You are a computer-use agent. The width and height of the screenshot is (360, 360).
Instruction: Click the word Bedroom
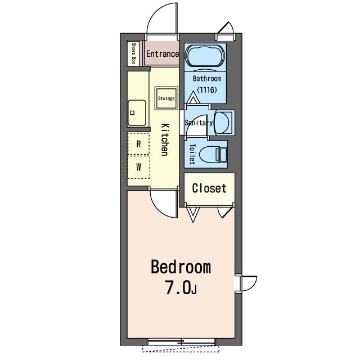[181, 267]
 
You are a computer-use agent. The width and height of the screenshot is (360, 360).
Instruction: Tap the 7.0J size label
[181, 288]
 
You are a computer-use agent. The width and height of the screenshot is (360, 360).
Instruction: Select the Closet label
[209, 188]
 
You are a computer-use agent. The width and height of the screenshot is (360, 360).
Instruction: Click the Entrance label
[163, 54]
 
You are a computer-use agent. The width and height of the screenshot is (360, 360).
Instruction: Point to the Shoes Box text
[134, 53]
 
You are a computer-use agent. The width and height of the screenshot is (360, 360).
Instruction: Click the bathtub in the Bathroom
[205, 56]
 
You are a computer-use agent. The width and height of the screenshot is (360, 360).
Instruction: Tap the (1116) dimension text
[207, 90]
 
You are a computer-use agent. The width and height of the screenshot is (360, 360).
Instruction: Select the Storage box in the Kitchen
[166, 98]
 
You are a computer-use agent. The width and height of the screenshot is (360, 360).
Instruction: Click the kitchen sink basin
[137, 112]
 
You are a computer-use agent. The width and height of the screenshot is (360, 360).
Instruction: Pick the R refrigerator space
[138, 144]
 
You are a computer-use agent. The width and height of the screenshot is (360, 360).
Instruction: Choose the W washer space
[139, 167]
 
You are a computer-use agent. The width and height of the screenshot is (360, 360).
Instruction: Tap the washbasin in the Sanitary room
[222, 122]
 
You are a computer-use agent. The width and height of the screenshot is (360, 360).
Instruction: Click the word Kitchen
[165, 140]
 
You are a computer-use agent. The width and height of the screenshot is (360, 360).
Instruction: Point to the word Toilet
[192, 154]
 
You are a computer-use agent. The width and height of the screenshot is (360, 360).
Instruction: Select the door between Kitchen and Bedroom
[164, 202]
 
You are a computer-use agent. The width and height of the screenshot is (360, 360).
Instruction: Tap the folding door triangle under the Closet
[193, 214]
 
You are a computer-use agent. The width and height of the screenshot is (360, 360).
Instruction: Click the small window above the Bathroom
[226, 31]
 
